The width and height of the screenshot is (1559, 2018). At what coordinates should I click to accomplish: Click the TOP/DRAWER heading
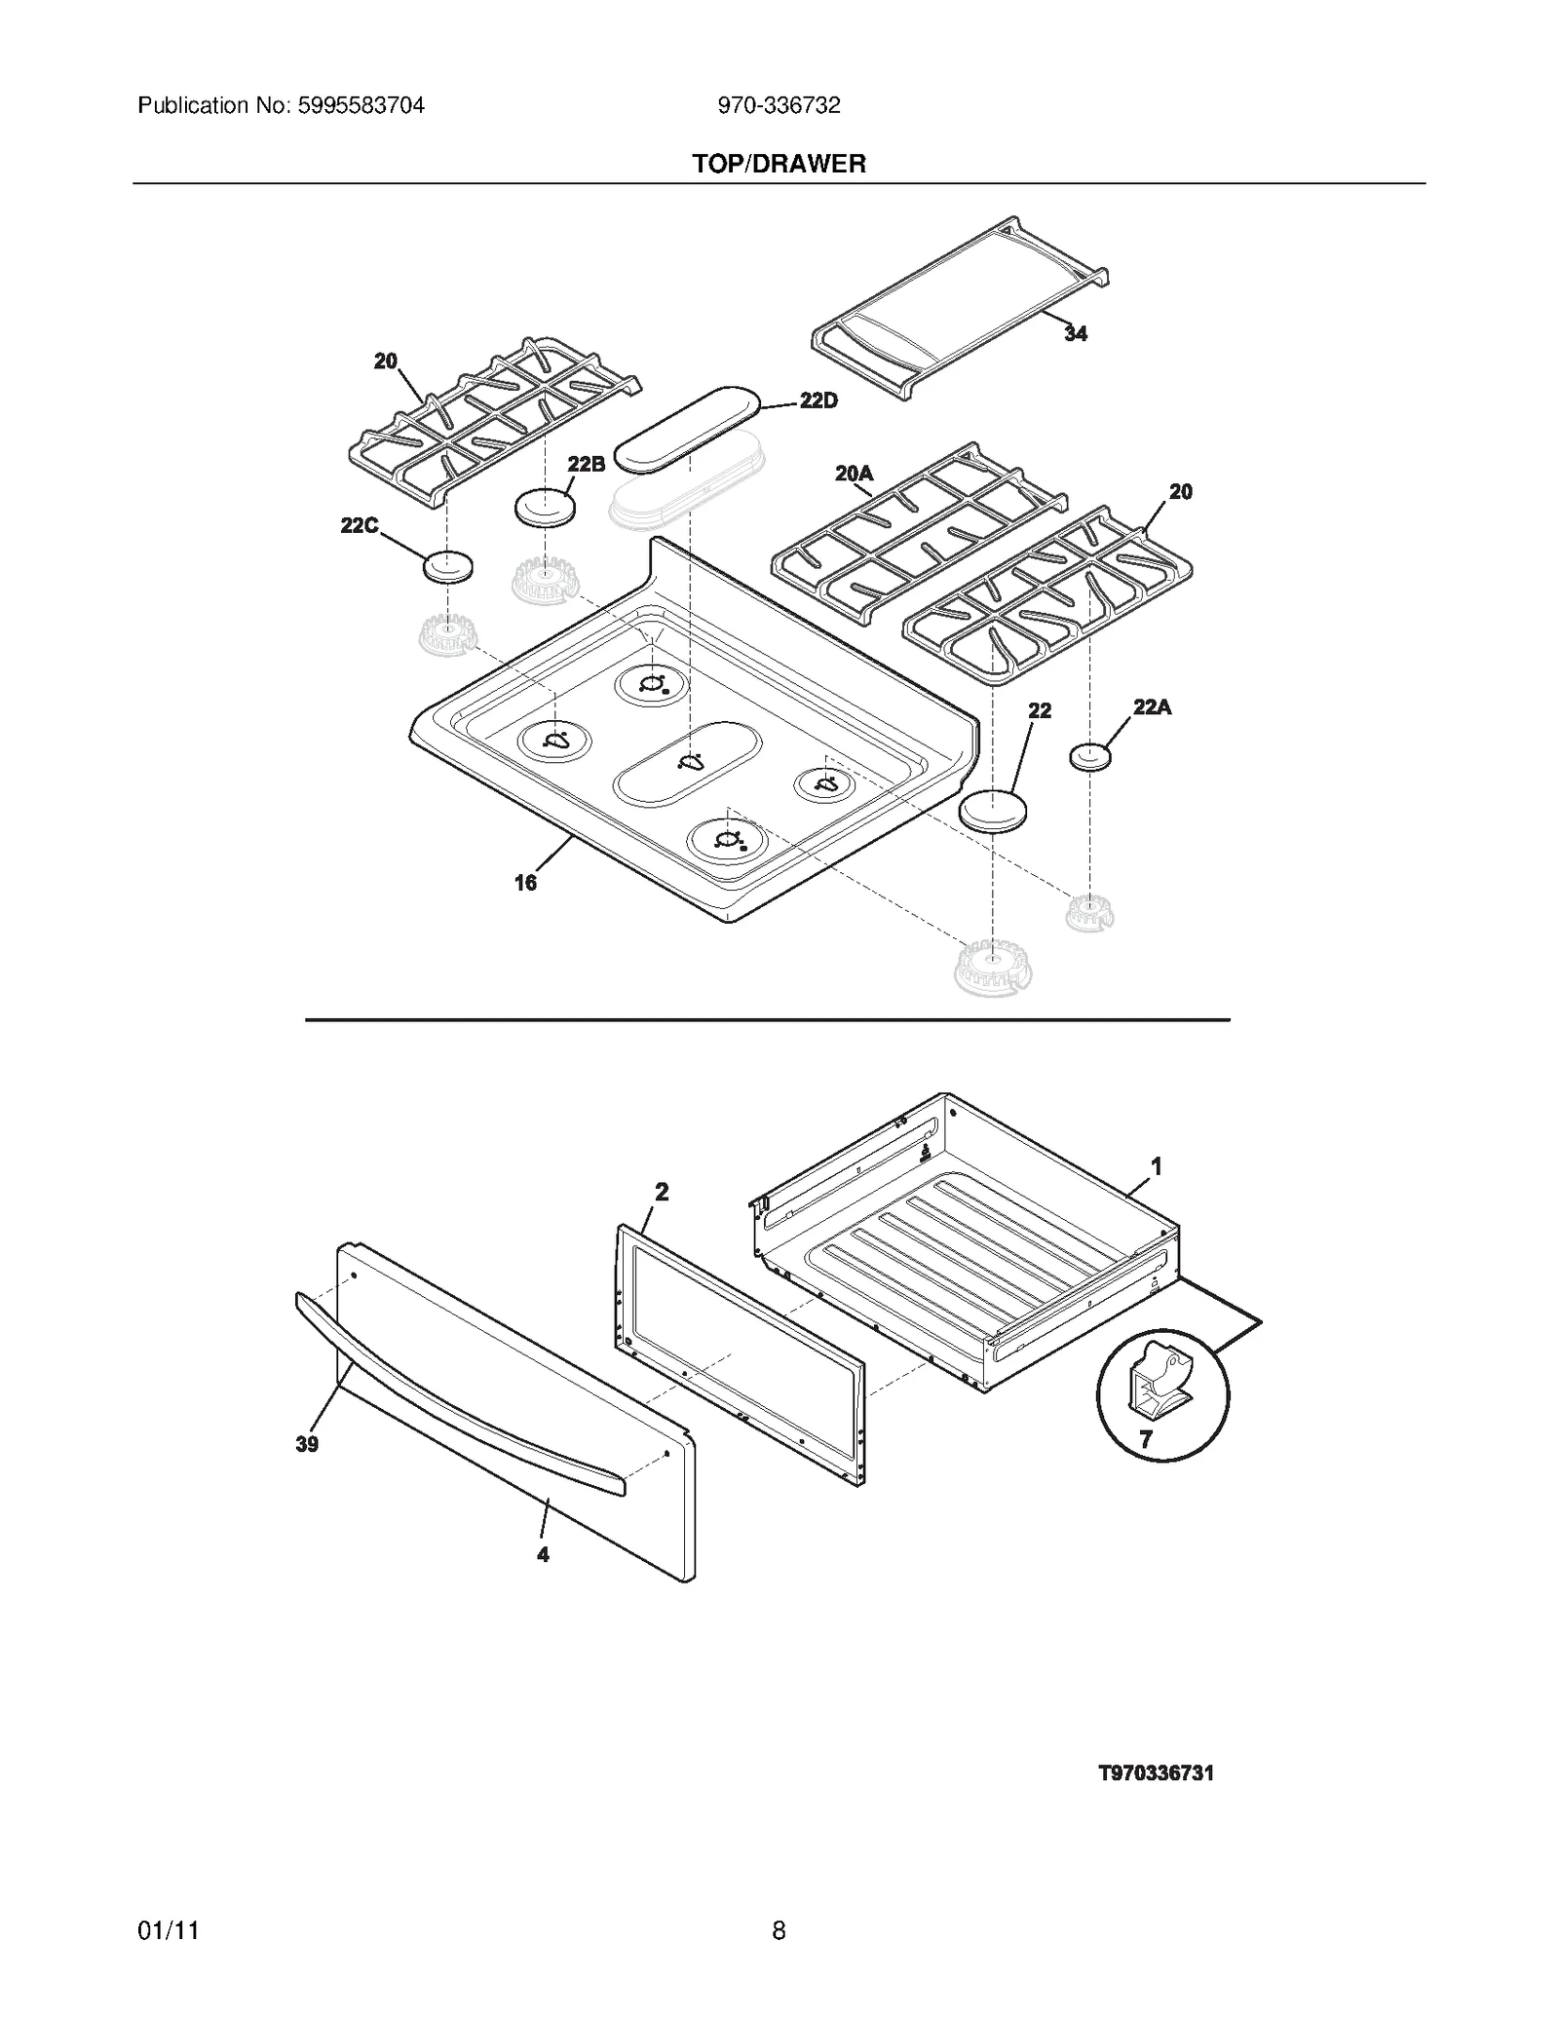779,164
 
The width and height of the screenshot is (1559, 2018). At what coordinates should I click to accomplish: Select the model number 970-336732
779,105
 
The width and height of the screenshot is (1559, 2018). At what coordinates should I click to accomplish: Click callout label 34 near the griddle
1075,334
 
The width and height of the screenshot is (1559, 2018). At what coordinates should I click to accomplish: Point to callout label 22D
818,400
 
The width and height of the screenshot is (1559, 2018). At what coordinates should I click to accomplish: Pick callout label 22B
586,464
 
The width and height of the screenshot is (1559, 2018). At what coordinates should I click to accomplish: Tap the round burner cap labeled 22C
447,566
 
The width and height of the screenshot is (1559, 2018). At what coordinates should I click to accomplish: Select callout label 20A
854,474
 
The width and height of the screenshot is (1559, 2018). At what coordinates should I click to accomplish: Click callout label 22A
1152,707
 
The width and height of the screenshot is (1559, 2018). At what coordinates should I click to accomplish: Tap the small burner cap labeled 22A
1089,756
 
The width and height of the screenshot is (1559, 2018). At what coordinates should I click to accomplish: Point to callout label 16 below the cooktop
525,883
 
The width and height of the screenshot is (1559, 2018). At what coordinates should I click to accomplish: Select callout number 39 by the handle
307,1445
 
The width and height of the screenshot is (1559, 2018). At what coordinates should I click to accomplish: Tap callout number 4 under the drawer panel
543,1555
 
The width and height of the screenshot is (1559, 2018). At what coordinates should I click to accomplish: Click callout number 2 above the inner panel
662,1192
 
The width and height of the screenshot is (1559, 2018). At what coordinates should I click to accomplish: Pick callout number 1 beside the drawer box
1156,1165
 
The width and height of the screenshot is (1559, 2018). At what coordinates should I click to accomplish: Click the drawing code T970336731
1156,1773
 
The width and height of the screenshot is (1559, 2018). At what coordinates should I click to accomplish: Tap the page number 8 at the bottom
779,1930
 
